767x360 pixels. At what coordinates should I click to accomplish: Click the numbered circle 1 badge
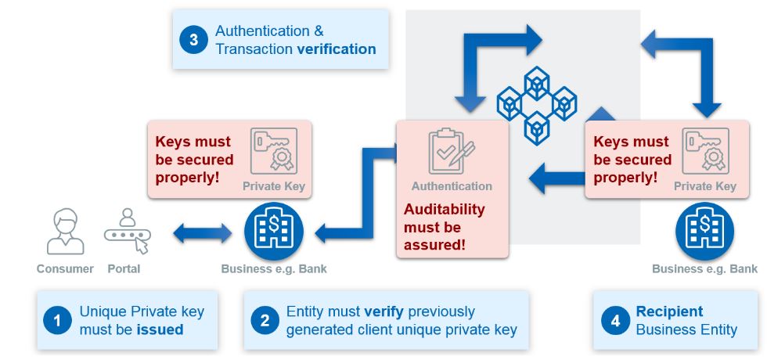(x=57, y=321)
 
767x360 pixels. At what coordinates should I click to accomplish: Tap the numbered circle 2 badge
(x=265, y=321)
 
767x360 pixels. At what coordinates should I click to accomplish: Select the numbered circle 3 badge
(x=193, y=39)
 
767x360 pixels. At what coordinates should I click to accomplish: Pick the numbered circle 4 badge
(x=615, y=321)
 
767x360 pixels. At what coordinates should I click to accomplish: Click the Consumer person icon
(x=65, y=232)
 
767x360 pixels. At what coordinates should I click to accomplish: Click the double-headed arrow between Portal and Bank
(x=203, y=232)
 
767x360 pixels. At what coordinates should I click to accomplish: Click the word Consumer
(x=65, y=268)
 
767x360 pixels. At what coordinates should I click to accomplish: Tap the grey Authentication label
(x=452, y=186)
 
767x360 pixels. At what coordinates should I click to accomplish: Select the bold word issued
(x=160, y=329)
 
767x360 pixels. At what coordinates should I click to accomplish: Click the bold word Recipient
(x=669, y=311)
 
